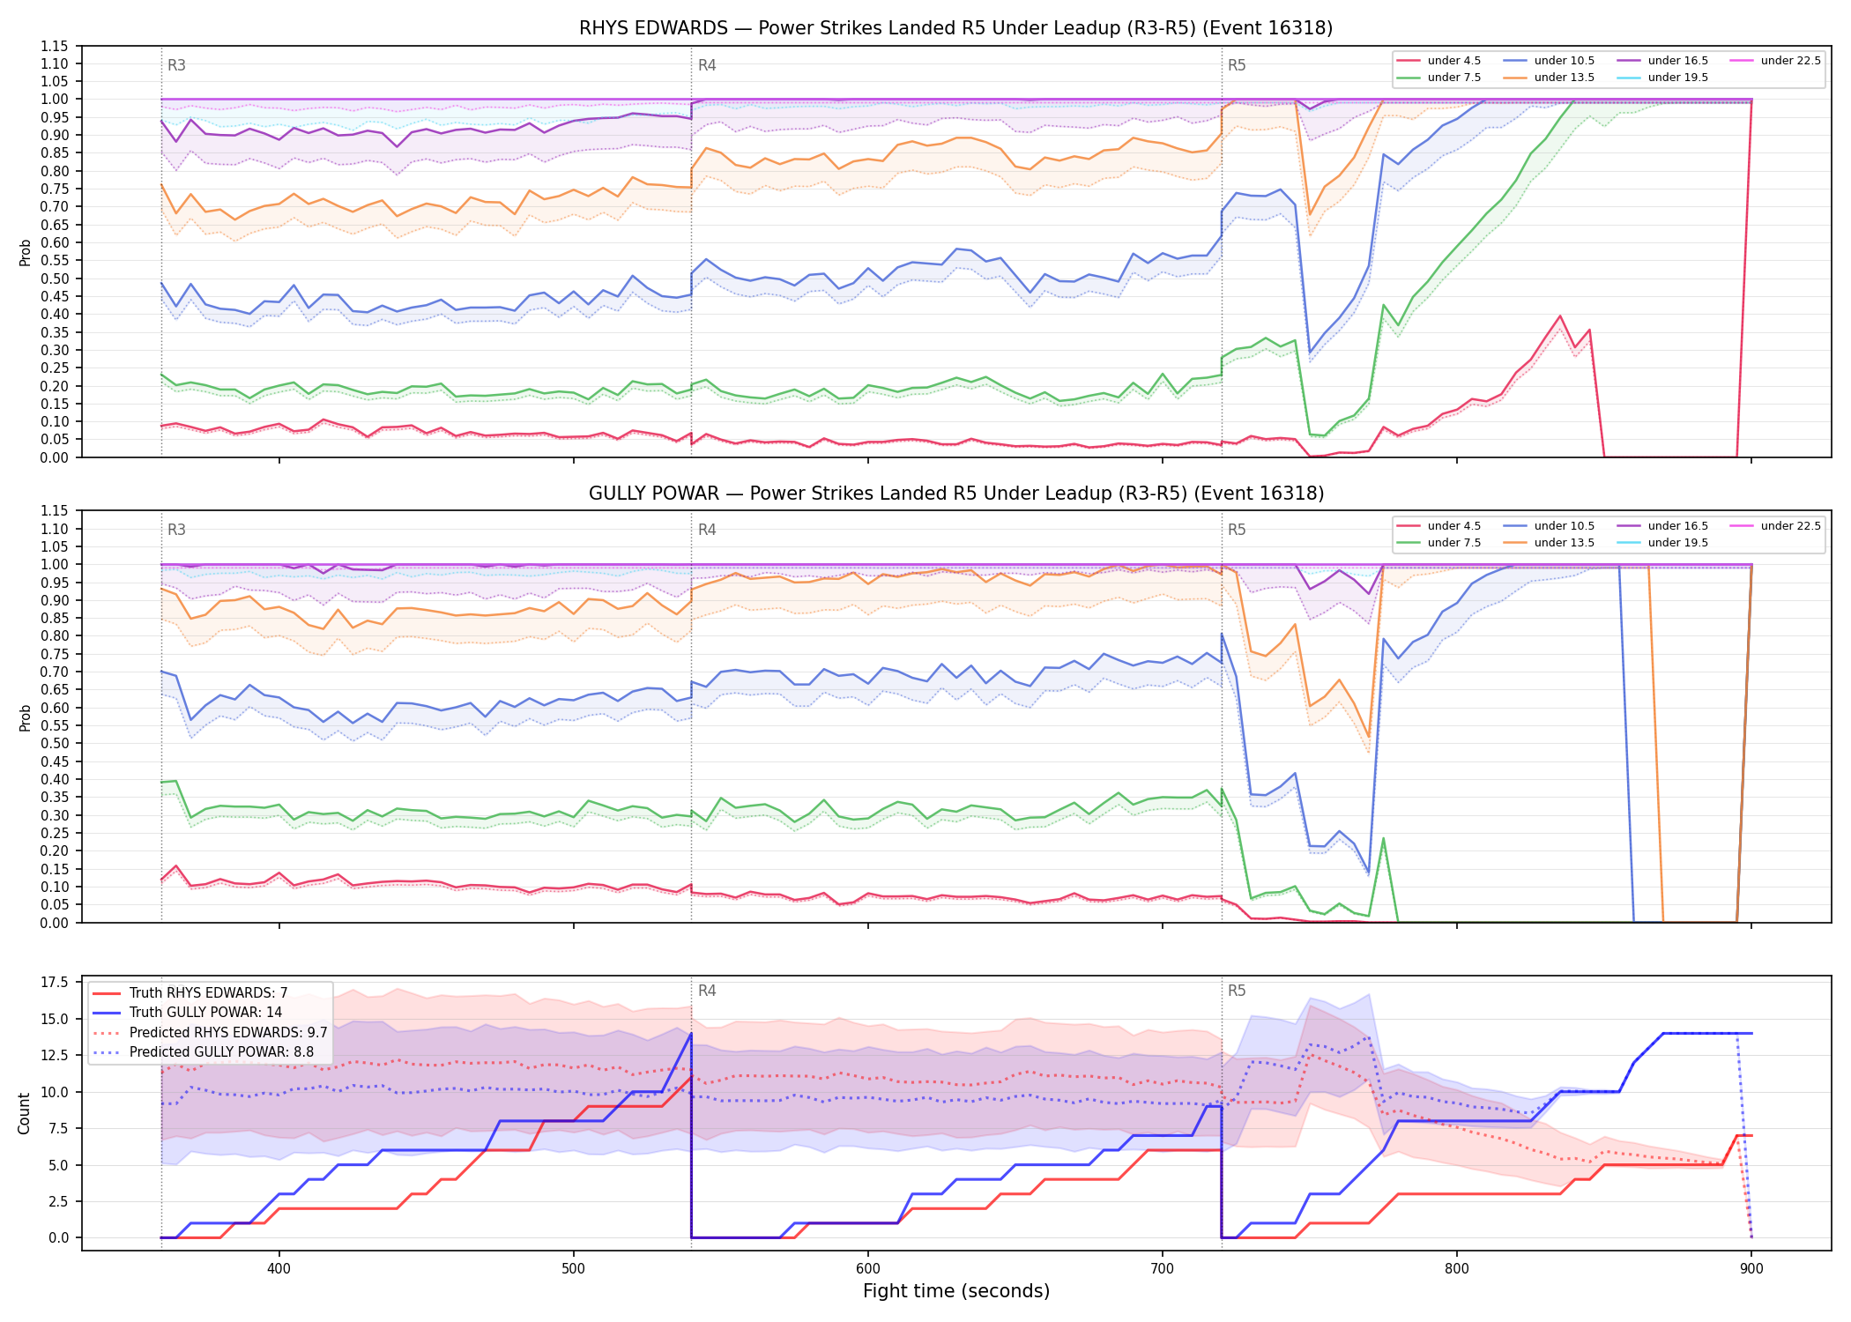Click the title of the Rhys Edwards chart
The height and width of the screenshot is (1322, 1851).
[x=955, y=28]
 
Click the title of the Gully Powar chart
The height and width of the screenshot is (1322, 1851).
[x=956, y=494]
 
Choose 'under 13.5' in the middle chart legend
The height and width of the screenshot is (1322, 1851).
[x=1565, y=543]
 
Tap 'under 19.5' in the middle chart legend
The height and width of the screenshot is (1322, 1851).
[x=1678, y=543]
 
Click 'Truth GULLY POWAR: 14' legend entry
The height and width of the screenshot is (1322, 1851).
[x=206, y=1013]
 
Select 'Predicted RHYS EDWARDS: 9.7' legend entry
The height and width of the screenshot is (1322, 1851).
[x=228, y=1032]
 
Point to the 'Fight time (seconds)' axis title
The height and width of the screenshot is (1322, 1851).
[x=956, y=1291]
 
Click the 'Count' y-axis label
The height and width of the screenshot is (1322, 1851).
[x=24, y=1113]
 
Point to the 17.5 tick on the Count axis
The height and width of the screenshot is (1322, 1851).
[x=55, y=983]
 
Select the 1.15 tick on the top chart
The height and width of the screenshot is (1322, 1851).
[x=55, y=46]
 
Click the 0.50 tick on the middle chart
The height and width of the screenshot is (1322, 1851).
[x=55, y=743]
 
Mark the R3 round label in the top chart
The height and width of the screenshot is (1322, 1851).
[x=176, y=65]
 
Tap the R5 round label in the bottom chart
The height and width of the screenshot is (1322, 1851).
[x=1237, y=991]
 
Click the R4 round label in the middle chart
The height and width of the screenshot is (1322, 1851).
[x=707, y=530]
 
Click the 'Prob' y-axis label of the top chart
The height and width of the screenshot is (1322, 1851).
[x=26, y=253]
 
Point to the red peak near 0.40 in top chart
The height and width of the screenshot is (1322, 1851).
[x=1560, y=316]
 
